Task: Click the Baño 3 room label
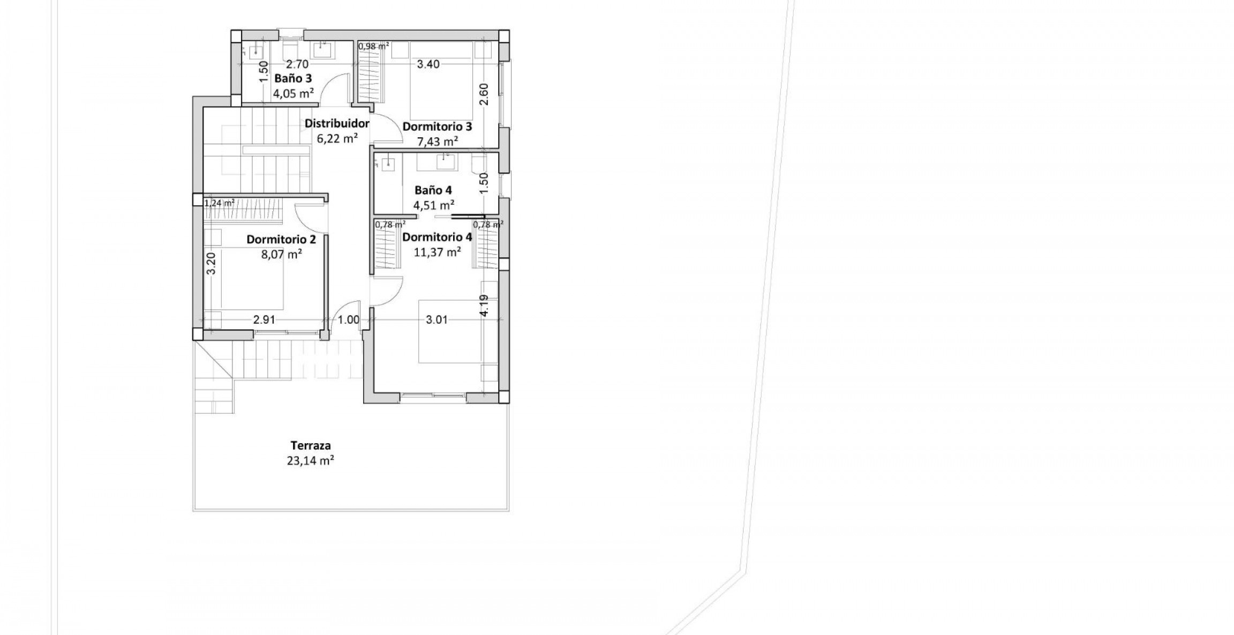pyautogui.click(x=292, y=78)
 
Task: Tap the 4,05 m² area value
pyautogui.click(x=292, y=93)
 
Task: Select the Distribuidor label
pyautogui.click(x=337, y=124)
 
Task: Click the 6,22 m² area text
pyautogui.click(x=337, y=139)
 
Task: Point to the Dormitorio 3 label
pyautogui.click(x=437, y=127)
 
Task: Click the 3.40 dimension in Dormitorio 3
pyautogui.click(x=428, y=64)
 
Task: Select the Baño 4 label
pyautogui.click(x=433, y=190)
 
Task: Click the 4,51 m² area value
pyautogui.click(x=433, y=205)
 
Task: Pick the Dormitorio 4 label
pyautogui.click(x=437, y=237)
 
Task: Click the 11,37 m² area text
pyautogui.click(x=437, y=252)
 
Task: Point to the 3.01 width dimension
pyautogui.click(x=436, y=320)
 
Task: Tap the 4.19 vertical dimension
pyautogui.click(x=484, y=305)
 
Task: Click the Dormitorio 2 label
pyautogui.click(x=281, y=240)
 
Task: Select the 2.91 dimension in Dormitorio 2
pyautogui.click(x=264, y=320)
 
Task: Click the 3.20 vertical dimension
pyautogui.click(x=211, y=263)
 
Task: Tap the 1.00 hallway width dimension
pyautogui.click(x=349, y=320)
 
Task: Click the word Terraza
pyautogui.click(x=311, y=445)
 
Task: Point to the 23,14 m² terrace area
pyautogui.click(x=311, y=460)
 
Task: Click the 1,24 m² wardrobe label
pyautogui.click(x=220, y=203)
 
